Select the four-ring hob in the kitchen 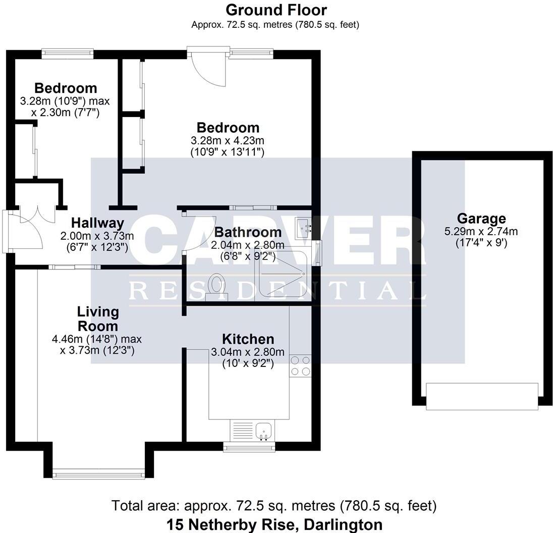(x=300, y=366)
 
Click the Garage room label (x=481, y=219)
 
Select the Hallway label (x=97, y=223)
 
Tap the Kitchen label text (x=248, y=339)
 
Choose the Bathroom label (x=248, y=232)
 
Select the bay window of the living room (x=98, y=473)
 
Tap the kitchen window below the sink (x=249, y=446)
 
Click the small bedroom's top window (x=68, y=52)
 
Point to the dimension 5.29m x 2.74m (x=481, y=232)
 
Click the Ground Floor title (x=276, y=10)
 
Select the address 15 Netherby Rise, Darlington (x=274, y=524)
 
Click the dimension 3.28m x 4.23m (x=228, y=141)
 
